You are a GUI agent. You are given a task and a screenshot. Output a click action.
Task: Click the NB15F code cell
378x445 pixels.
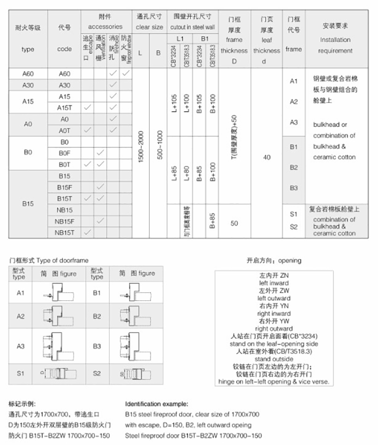(x=64, y=221)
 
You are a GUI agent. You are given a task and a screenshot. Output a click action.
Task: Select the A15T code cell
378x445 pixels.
(x=64, y=107)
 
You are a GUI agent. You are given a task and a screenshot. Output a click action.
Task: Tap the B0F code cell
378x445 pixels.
(x=64, y=153)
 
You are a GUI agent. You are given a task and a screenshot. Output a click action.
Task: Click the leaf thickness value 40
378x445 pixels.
(x=267, y=158)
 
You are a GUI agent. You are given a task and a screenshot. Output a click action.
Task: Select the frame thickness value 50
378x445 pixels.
(x=235, y=224)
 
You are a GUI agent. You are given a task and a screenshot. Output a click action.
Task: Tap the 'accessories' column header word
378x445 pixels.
(x=105, y=27)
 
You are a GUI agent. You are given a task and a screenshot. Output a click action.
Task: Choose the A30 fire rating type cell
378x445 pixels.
(x=28, y=85)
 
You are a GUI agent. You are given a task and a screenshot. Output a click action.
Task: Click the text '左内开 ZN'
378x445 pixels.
(x=273, y=276)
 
